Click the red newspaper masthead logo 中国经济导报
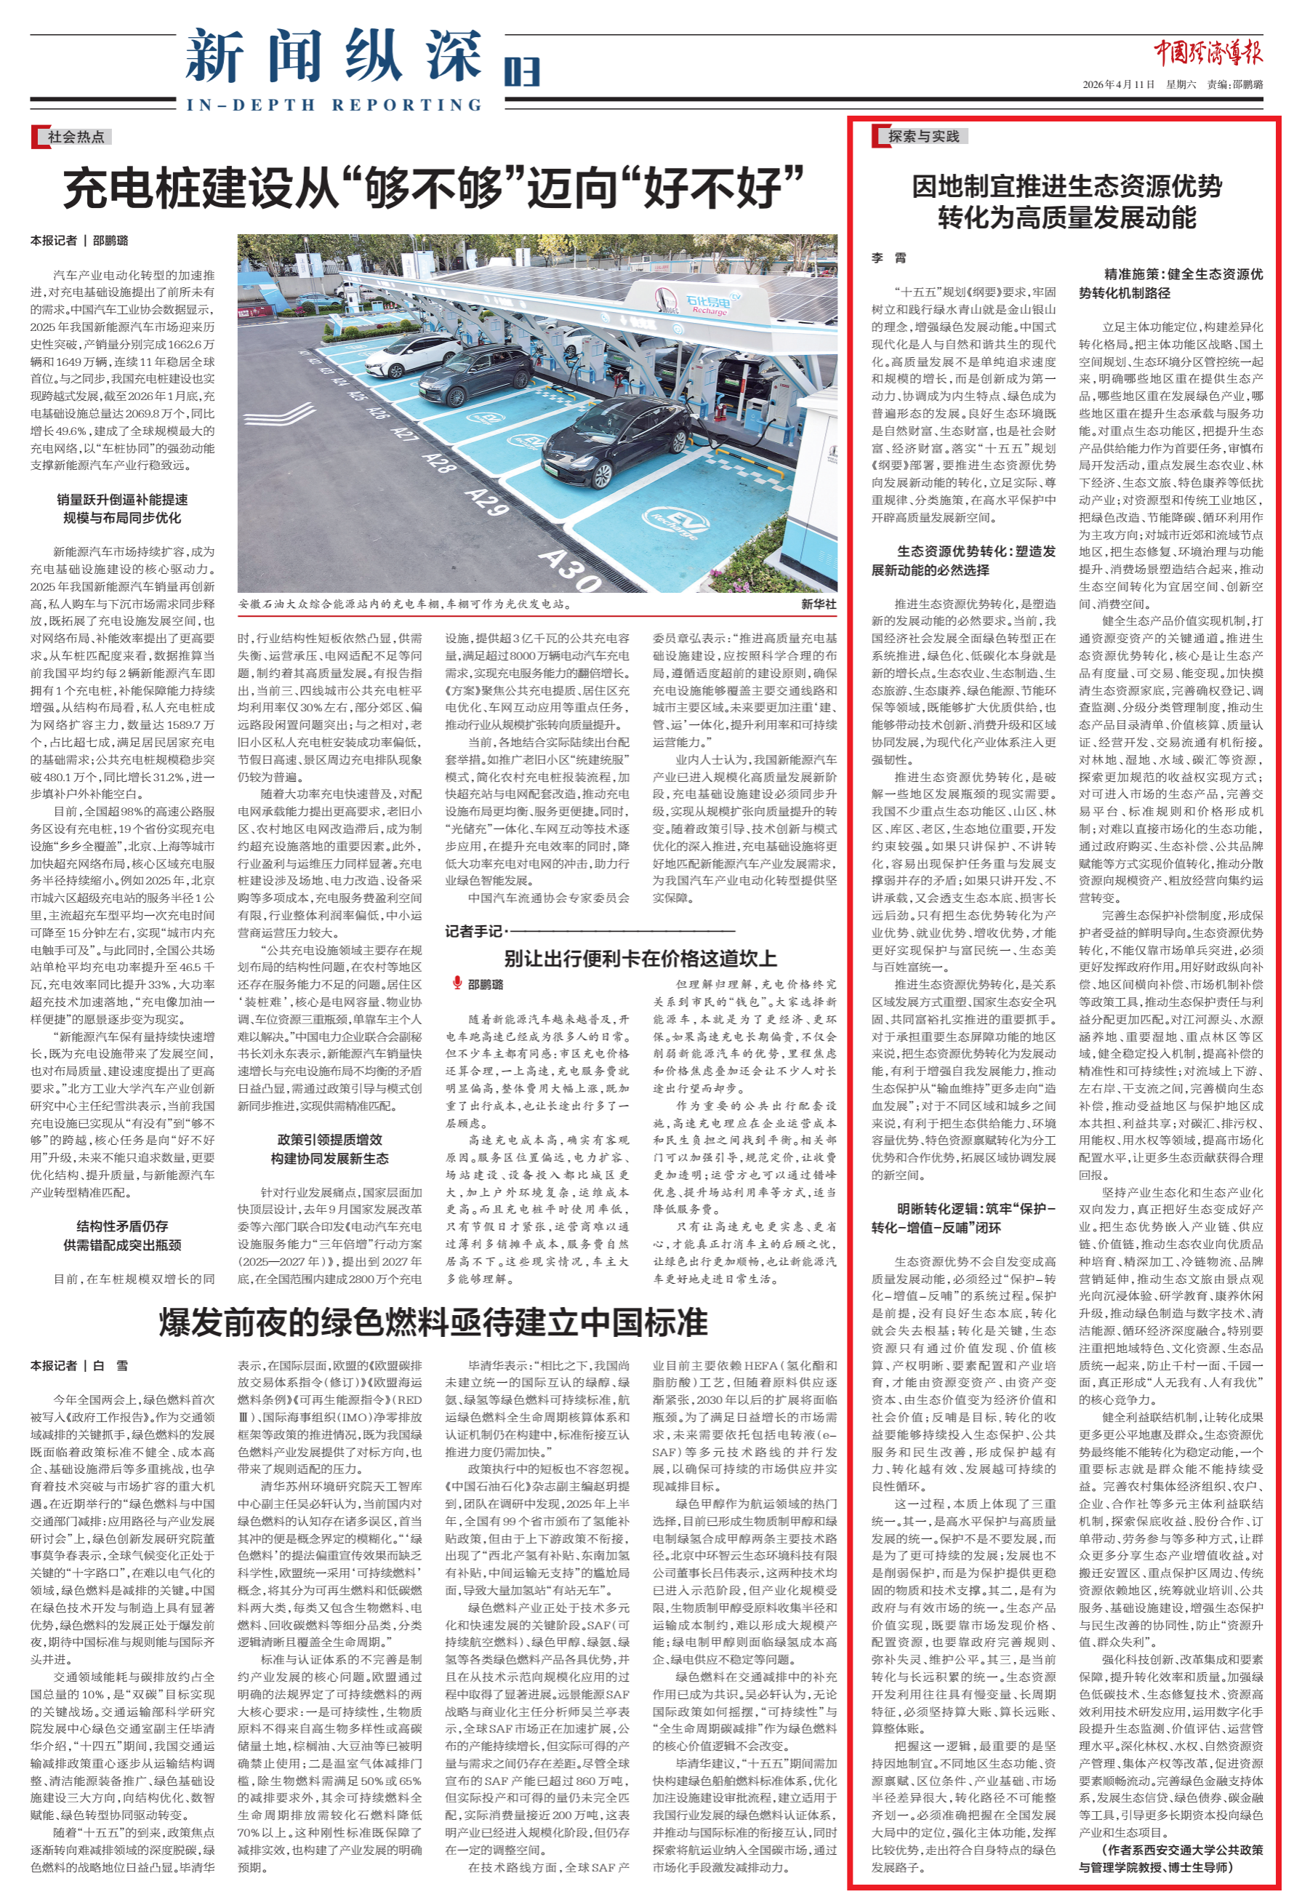pyautogui.click(x=1207, y=53)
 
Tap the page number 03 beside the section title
pyautogui.click(x=521, y=72)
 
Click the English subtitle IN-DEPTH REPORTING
pyautogui.click(x=334, y=105)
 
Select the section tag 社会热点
pyautogui.click(x=76, y=136)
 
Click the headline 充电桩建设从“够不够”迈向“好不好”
pyautogui.click(x=433, y=188)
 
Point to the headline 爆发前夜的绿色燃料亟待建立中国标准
pyautogui.click(x=433, y=1322)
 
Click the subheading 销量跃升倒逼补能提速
pyautogui.click(x=122, y=500)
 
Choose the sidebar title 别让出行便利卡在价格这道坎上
pyautogui.click(x=640, y=958)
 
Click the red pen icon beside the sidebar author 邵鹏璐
pyautogui.click(x=458, y=983)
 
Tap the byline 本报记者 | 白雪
pyautogui.click(x=79, y=1365)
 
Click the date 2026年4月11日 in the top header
pyautogui.click(x=1119, y=85)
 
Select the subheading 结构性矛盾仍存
pyautogui.click(x=122, y=1226)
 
